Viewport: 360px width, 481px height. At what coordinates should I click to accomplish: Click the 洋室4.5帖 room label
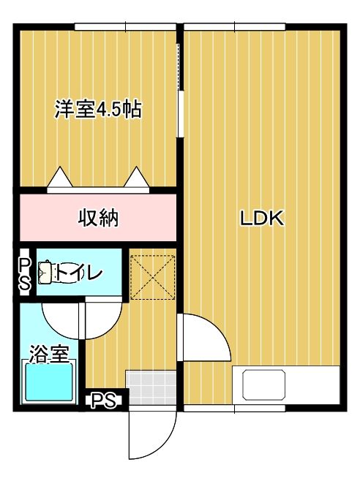pos(97,110)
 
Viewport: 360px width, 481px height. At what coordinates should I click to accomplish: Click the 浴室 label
pos(49,355)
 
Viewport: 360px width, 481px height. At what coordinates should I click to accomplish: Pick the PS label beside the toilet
pos(24,273)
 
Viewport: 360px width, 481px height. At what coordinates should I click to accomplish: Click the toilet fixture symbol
pos(46,273)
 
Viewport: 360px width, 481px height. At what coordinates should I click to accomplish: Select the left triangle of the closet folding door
pos(59,177)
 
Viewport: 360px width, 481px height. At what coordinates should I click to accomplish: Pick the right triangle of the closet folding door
pos(136,177)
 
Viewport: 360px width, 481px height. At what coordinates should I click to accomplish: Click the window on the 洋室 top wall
pos(125,27)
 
